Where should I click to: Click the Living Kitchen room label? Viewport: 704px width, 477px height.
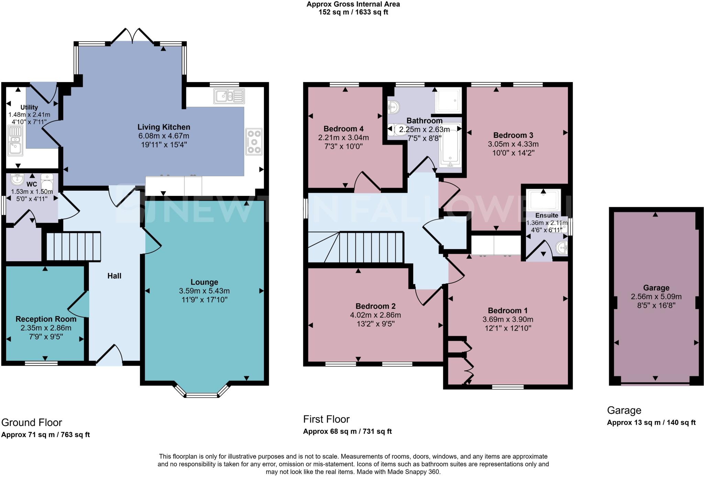click(164, 127)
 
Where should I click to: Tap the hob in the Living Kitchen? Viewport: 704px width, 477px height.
click(254, 141)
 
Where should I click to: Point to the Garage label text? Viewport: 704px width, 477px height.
click(656, 288)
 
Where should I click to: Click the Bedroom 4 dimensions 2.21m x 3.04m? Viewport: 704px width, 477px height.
click(343, 138)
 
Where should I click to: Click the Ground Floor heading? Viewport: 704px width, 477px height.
click(32, 422)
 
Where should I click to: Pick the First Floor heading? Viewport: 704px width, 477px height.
click(326, 419)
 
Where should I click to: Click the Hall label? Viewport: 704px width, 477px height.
click(114, 276)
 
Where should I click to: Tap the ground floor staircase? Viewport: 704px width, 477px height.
click(73, 246)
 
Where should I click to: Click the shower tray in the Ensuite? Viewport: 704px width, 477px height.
click(543, 200)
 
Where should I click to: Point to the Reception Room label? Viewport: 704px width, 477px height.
click(46, 319)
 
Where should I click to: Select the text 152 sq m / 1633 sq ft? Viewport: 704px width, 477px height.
click(353, 12)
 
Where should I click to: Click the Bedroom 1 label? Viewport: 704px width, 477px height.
click(507, 310)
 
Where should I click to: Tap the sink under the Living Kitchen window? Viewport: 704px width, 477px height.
click(229, 96)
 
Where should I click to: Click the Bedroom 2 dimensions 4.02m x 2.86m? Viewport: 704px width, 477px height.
click(375, 315)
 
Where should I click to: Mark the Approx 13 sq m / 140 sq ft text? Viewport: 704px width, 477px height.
click(651, 423)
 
